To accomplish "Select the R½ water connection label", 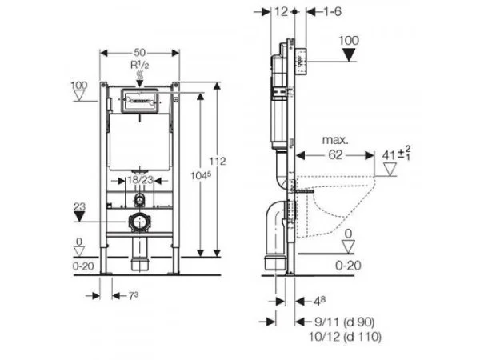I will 140,62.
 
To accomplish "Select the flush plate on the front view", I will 140,102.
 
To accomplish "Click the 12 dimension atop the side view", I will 279,11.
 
